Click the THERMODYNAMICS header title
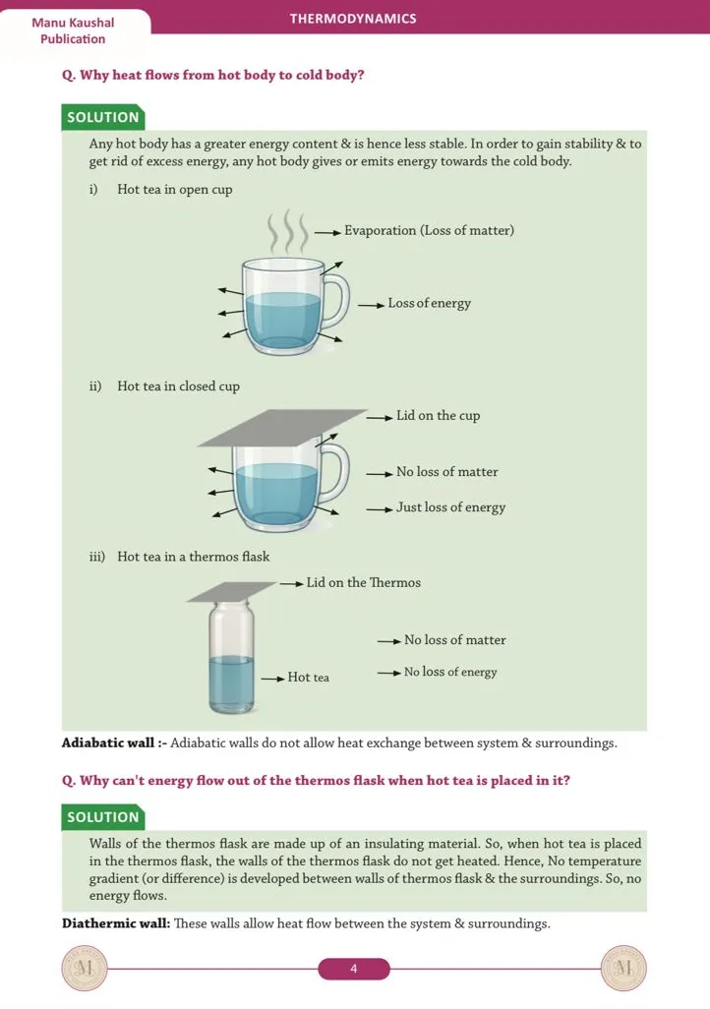353,19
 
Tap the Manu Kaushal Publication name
73,30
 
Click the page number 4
354,969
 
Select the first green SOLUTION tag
103,117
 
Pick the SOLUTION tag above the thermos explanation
103,816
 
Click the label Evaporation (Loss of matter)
430,230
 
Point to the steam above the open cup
287,231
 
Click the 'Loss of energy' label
430,303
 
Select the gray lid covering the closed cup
282,427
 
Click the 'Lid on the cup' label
439,416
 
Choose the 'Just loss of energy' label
450,507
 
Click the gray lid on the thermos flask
232,591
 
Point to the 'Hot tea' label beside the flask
309,677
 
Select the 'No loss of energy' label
450,672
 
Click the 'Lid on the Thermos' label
364,582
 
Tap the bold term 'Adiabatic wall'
108,742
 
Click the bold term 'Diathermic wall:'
116,923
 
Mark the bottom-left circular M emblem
85,969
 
